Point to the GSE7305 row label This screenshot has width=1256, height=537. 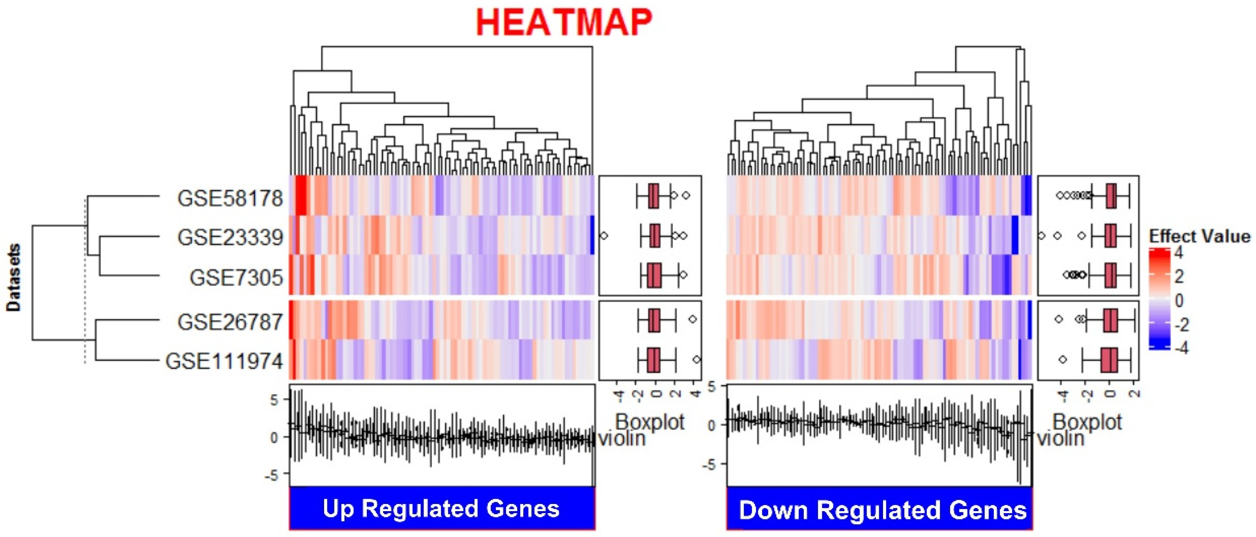[x=236, y=278]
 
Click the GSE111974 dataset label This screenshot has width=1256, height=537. [x=224, y=361]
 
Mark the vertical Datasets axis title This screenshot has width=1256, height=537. [x=14, y=278]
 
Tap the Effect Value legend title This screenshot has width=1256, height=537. [x=1199, y=237]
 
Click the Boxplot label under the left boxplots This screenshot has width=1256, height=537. [x=650, y=422]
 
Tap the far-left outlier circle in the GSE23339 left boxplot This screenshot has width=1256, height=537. [x=604, y=236]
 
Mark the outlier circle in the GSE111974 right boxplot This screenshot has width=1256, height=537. [x=1063, y=359]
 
